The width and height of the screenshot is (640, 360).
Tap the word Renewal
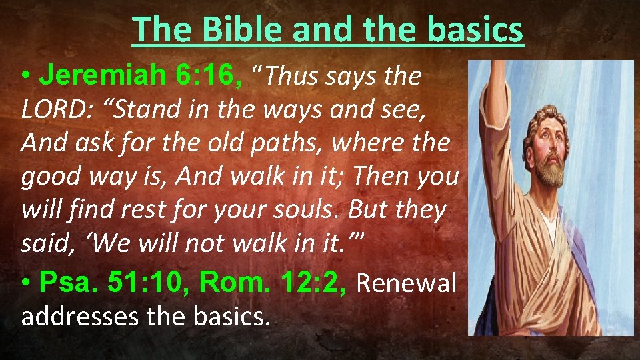(x=407, y=283)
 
